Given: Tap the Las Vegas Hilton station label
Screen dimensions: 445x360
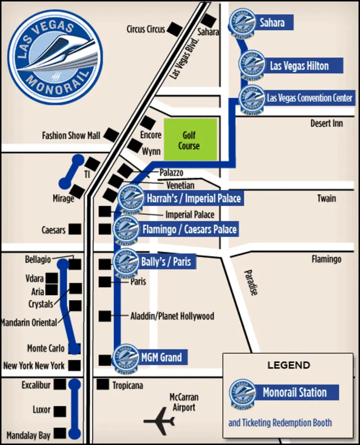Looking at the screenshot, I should click(299, 66).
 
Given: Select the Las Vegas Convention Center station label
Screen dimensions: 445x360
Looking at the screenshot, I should click(310, 98).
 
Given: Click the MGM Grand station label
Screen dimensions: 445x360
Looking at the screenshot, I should click(161, 358).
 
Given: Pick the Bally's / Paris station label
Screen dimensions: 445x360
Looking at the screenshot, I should click(166, 261).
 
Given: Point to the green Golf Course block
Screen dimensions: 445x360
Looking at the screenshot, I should click(190, 139).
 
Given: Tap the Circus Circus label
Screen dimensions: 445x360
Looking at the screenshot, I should click(145, 29).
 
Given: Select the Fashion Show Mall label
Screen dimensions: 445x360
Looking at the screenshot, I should click(71, 135).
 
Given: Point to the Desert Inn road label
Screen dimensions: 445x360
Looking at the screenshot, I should click(326, 123).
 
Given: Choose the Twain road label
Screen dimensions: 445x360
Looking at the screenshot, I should click(326, 198).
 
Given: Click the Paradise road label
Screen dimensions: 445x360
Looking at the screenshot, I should click(251, 282).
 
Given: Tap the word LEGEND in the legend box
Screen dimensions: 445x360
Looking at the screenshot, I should click(288, 365).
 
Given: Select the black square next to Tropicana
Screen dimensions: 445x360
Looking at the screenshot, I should click(103, 385).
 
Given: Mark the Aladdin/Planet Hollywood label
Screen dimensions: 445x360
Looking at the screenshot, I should click(172, 316).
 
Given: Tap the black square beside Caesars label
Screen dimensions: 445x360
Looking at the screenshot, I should click(75, 229).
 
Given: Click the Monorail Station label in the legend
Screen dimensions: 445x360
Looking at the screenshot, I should click(294, 392).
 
